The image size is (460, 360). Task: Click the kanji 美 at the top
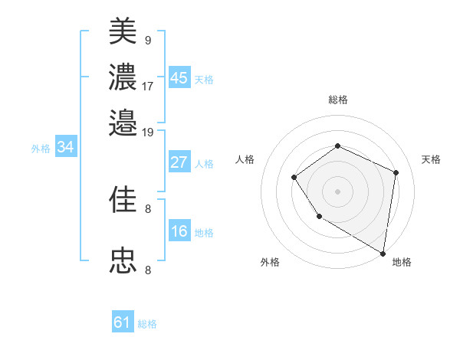pyautogui.click(x=123, y=31)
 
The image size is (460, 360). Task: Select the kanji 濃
pyautogui.click(x=123, y=77)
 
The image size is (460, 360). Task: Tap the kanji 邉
pyautogui.click(x=123, y=122)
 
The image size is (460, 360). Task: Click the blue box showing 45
pyautogui.click(x=179, y=78)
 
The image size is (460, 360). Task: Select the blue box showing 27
pyautogui.click(x=179, y=162)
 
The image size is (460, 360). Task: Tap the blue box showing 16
pyautogui.click(x=179, y=232)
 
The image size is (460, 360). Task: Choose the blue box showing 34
pyautogui.click(x=65, y=148)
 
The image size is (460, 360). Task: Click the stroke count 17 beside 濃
pyautogui.click(x=148, y=86)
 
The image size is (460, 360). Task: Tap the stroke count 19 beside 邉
pyautogui.click(x=148, y=132)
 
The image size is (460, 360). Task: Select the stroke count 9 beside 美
pyautogui.click(x=147, y=40)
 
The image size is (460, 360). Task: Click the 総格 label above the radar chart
pyautogui.click(x=337, y=100)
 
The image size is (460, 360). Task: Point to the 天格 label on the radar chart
pyautogui.click(x=431, y=159)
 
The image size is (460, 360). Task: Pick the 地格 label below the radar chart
pyautogui.click(x=402, y=262)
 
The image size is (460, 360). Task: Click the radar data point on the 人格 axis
pyautogui.click(x=294, y=178)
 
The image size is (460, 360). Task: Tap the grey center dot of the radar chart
pyautogui.click(x=337, y=191)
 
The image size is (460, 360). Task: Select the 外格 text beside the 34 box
pyautogui.click(x=40, y=149)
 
